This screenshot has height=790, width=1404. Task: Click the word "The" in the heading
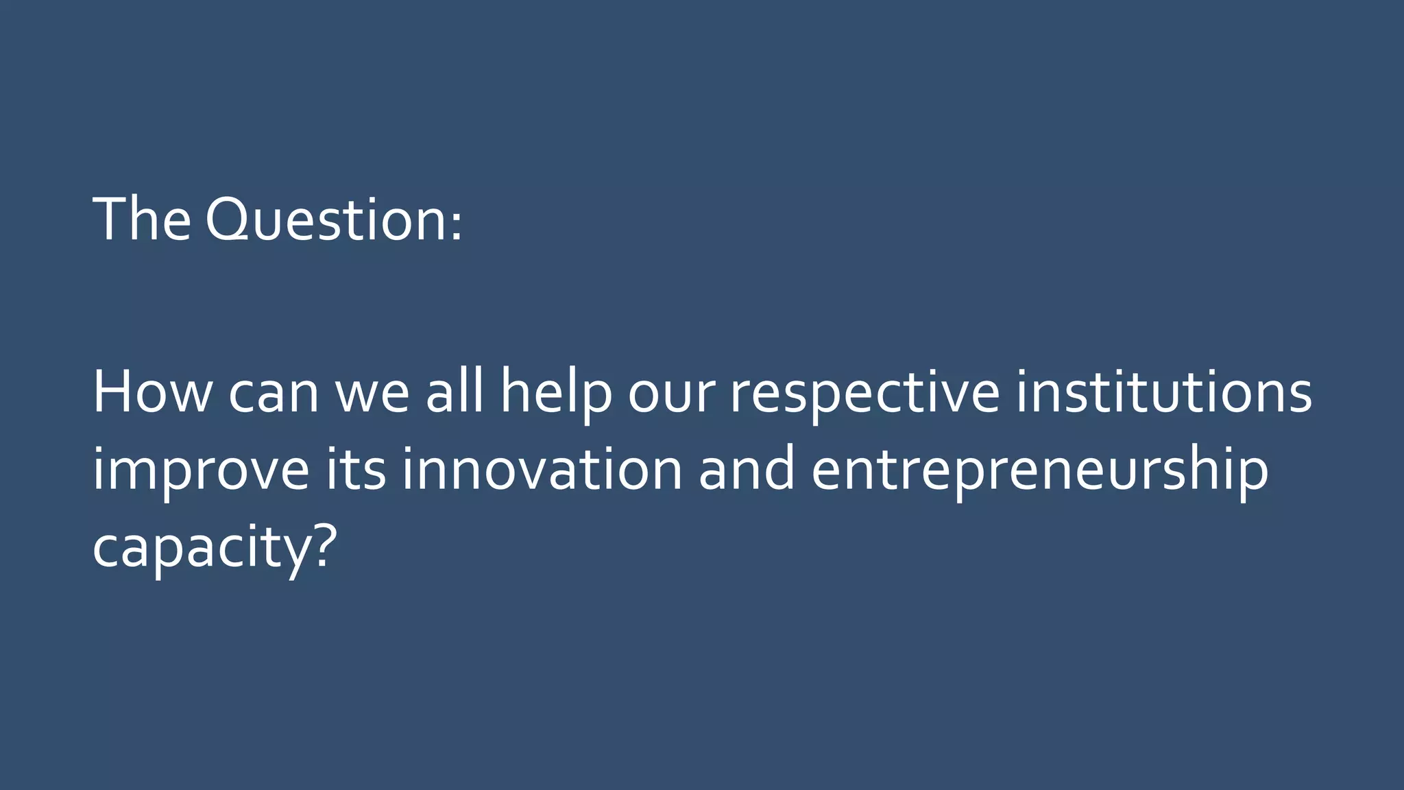142,219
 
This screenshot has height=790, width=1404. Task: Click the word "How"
152,392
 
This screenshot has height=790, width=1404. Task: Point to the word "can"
274,395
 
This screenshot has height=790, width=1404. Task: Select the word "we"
372,395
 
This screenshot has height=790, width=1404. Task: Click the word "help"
556,394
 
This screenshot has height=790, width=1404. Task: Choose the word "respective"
864,395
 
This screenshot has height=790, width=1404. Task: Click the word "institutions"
1163,392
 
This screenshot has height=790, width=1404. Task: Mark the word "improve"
201,472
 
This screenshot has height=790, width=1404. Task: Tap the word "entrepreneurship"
1039,472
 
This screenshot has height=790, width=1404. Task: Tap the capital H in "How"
112,392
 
